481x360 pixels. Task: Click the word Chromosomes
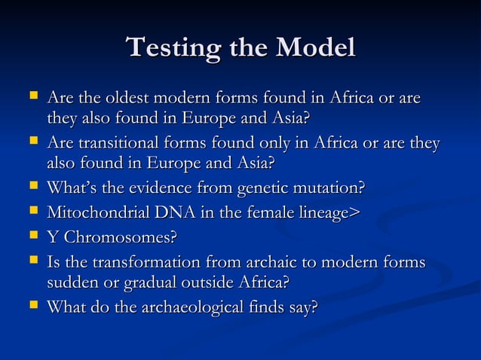tap(120, 238)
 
